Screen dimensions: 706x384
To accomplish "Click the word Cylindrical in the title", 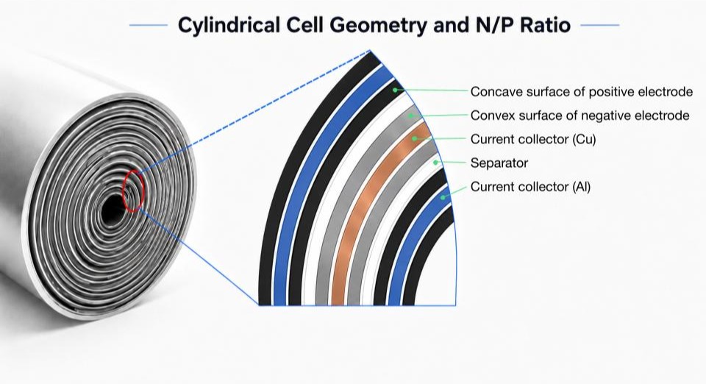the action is [228, 26].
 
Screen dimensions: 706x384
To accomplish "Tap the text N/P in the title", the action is [488, 25].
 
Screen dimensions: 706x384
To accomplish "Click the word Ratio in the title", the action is [545, 25].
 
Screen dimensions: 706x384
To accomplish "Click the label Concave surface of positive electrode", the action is [581, 92].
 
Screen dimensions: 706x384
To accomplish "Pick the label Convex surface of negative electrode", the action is [580, 115].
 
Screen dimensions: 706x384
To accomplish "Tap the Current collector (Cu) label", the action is [533, 139].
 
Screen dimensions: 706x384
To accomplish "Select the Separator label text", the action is [499, 163].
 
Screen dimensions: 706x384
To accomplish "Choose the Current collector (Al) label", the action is [530, 186].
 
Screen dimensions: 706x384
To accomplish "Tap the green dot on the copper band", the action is [414, 138].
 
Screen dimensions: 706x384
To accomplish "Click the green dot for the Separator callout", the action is [435, 162].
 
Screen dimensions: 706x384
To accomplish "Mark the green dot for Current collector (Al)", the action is [443, 196].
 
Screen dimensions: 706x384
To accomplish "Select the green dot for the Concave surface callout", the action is [395, 90].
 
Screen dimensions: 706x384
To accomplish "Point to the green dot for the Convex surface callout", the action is [410, 115].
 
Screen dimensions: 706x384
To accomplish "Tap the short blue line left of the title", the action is [148, 25].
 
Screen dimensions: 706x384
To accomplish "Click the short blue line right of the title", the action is [600, 25].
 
